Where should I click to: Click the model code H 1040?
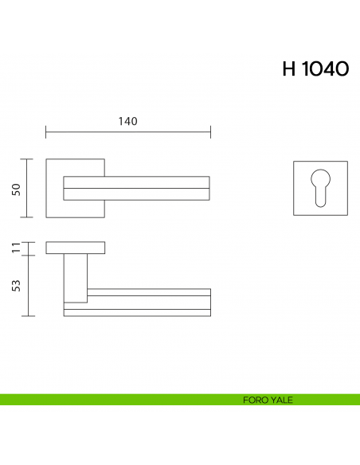[315, 69]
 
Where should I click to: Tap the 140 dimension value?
[128, 122]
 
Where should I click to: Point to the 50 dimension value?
[16, 189]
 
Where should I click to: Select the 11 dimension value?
[16, 248]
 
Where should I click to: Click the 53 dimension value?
[16, 286]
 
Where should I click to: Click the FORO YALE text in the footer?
[268, 400]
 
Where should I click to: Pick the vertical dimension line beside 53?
[29, 286]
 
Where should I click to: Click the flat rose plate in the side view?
[75, 248]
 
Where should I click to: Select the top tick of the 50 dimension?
[29, 159]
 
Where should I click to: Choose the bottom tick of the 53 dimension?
[29, 316]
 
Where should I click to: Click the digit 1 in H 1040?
[304, 69]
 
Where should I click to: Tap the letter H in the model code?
[288, 69]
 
